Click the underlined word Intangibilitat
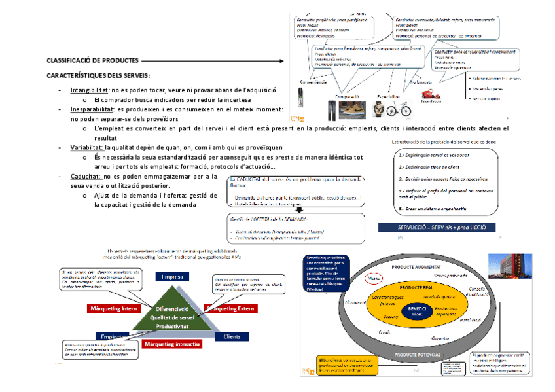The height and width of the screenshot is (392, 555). (x=90, y=90)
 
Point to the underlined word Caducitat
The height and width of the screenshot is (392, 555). (x=85, y=177)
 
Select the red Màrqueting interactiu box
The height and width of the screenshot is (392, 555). (x=172, y=344)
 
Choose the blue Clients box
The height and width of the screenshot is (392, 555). (x=232, y=336)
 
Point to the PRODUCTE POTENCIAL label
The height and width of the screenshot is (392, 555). (x=417, y=354)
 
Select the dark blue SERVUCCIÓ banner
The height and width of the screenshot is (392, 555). (x=437, y=228)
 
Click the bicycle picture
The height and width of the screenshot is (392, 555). (x=399, y=109)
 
